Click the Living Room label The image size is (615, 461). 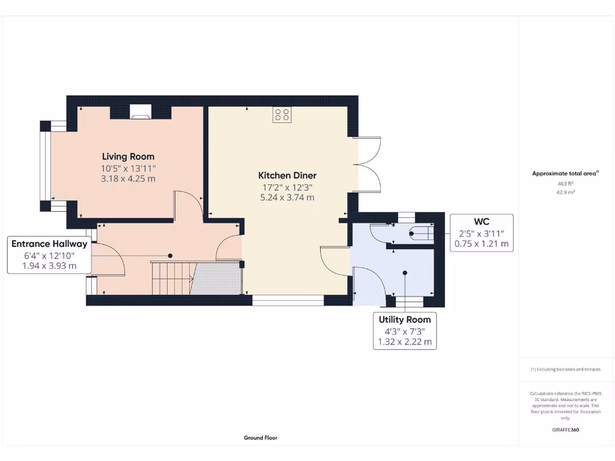coord(128,157)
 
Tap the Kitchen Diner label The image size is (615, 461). coord(287,175)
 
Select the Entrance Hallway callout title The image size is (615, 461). coord(49,244)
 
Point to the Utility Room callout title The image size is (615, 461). coord(404,319)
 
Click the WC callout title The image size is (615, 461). coord(482,221)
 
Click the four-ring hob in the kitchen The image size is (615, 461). coord(282,115)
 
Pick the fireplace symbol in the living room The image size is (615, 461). coord(142,110)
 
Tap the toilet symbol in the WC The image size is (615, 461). coord(420,234)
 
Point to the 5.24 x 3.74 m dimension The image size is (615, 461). coord(286,197)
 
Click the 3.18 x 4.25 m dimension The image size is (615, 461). coord(128,178)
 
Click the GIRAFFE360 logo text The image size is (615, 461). coord(565,430)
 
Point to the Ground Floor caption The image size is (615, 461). coord(261,438)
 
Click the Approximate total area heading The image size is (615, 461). coord(565,173)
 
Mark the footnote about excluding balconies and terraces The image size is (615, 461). coord(565,370)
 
